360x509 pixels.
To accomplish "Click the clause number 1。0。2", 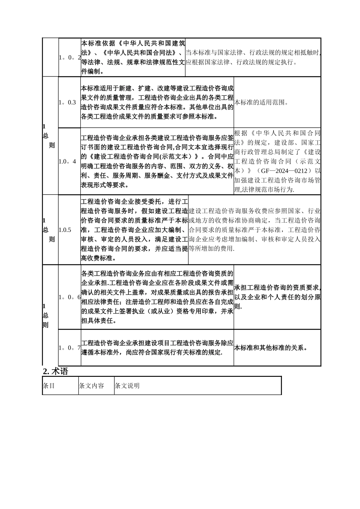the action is (70, 58).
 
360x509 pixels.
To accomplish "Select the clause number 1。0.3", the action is (67, 103).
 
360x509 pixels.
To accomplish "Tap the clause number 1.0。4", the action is (67, 161).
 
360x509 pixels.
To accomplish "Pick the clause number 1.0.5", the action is (65, 230).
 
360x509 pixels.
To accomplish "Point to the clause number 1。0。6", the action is (70, 297).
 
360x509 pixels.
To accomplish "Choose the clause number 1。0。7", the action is (70, 348).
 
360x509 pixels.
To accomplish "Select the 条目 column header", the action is (49, 386).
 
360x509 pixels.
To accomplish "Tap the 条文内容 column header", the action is (91, 386).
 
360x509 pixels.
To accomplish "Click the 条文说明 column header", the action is (127, 386).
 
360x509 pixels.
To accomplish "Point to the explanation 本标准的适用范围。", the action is (261, 103).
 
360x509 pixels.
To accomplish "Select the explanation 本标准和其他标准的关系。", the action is (271, 348).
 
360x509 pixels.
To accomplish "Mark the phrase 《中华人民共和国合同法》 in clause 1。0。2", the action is (138, 53).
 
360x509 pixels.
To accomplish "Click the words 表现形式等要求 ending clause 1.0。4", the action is (103, 185).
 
